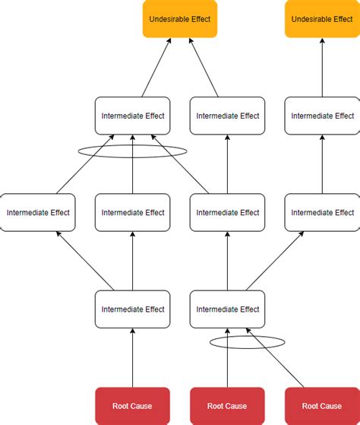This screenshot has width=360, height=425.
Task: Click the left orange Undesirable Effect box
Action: click(179, 19)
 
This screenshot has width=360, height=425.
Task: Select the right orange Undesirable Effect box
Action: click(321, 19)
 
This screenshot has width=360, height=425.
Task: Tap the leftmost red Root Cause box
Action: click(132, 405)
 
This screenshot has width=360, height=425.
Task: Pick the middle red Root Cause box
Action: click(227, 405)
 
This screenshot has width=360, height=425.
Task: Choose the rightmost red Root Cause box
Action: click(322, 405)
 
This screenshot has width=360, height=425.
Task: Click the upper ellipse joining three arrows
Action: click(132, 151)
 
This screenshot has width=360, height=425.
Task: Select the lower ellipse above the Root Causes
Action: click(236, 342)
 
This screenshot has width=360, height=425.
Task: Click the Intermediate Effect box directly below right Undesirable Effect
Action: click(322, 116)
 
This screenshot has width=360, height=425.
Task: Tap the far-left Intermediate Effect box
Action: click(38, 213)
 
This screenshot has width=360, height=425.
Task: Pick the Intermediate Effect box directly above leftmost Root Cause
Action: click(132, 309)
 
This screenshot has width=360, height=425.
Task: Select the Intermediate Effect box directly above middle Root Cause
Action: click(227, 309)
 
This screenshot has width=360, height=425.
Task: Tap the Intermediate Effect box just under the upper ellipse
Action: click(132, 213)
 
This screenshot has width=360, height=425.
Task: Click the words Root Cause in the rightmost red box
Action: click(322, 405)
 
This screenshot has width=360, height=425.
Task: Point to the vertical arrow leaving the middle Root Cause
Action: click(227, 365)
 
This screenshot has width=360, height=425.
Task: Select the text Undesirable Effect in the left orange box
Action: click(179, 19)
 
